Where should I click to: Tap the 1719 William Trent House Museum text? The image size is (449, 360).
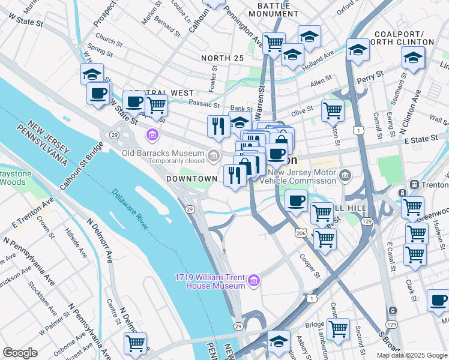tap(209, 281)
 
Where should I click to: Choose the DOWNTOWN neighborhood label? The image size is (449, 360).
tap(191, 179)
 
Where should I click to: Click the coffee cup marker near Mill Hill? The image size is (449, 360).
tap(296, 201)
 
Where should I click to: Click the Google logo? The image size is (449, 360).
tap(20, 353)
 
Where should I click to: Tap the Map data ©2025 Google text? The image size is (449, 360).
tap(411, 355)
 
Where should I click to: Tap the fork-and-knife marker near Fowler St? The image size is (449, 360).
tap(217, 125)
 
